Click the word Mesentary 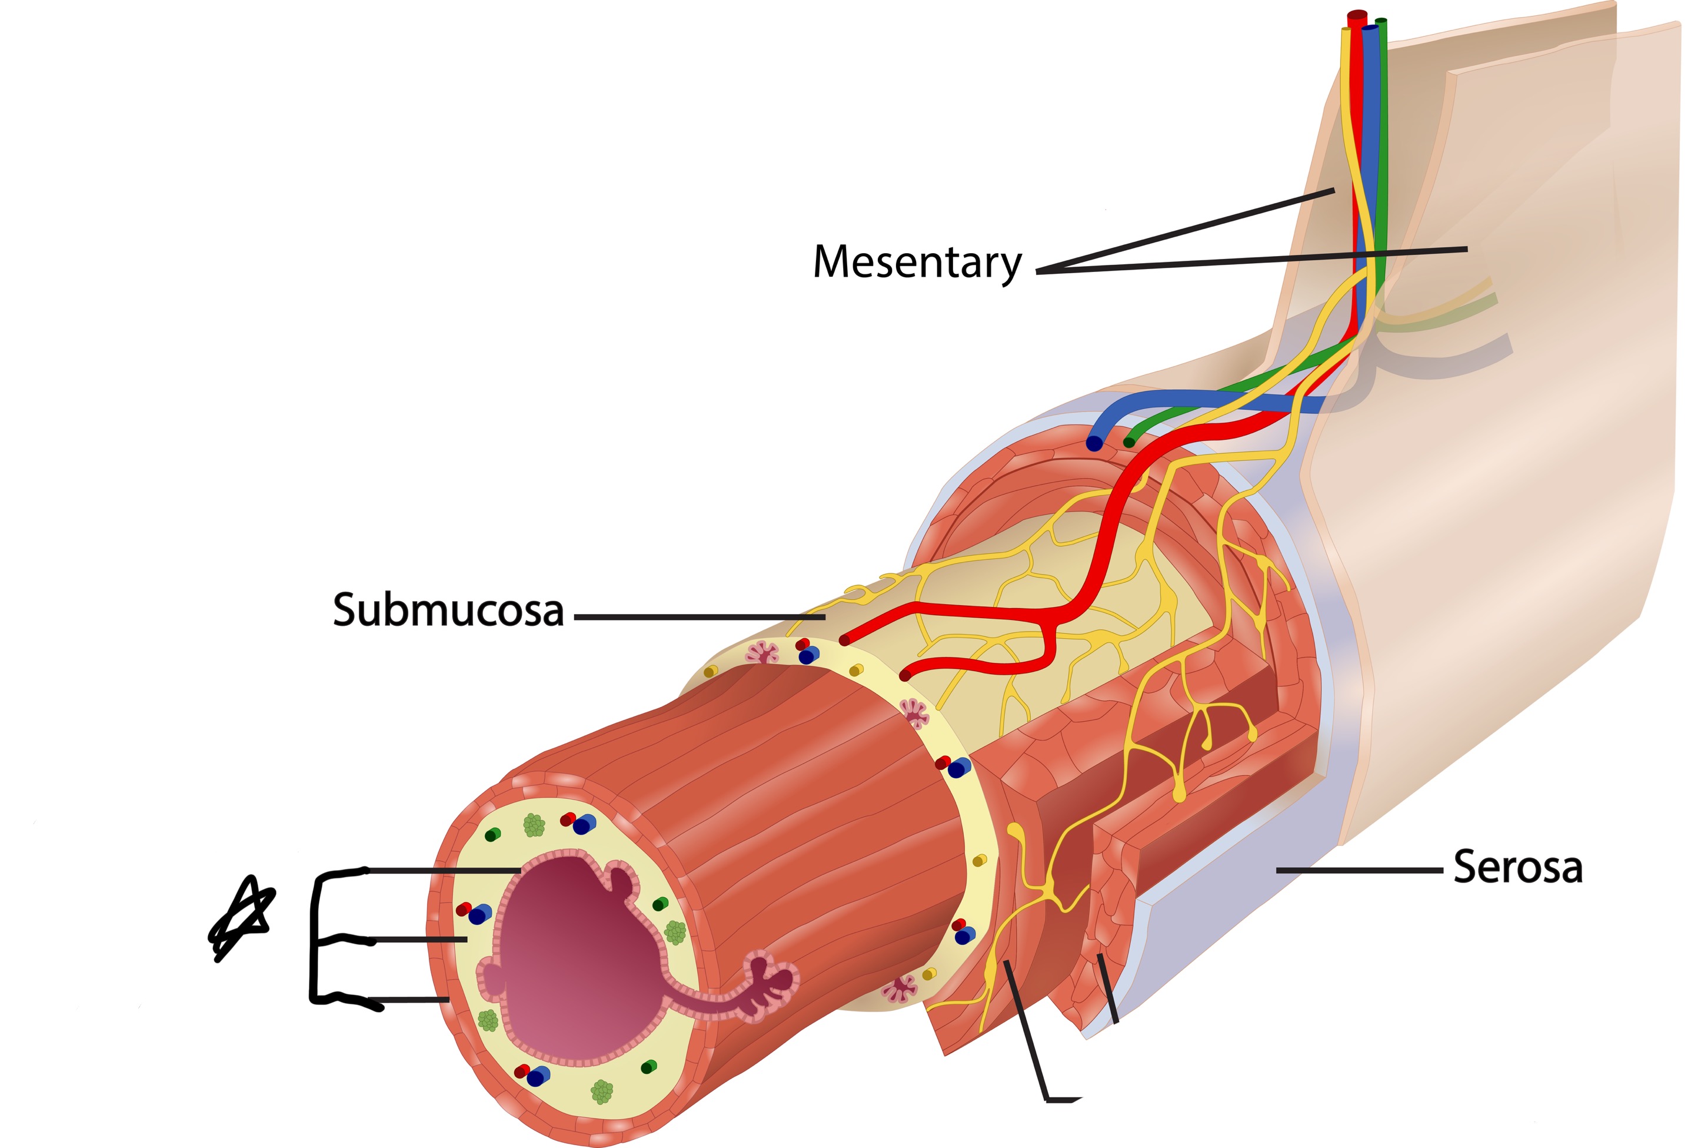[x=917, y=263]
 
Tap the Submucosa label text [x=448, y=611]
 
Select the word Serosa [x=1517, y=868]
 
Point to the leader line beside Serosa [x=1359, y=869]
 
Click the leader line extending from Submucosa [x=697, y=617]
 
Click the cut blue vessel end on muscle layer [x=1094, y=443]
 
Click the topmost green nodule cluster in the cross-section [x=534, y=825]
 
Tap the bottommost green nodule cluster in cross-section [x=601, y=1091]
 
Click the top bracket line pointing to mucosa [x=443, y=870]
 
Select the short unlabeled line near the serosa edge [x=1108, y=988]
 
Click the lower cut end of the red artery [x=905, y=675]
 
